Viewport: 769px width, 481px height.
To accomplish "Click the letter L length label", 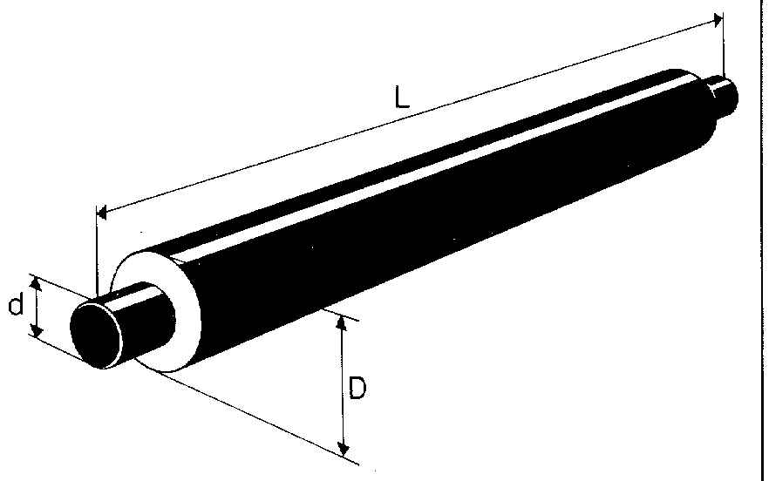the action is (x=402, y=98).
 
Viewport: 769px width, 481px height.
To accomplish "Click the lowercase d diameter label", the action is (x=16, y=305).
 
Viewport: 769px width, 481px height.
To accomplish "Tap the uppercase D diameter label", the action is (x=357, y=388).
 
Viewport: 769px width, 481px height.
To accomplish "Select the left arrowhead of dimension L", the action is (x=101, y=213).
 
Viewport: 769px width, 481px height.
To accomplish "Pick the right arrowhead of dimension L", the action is (x=718, y=20).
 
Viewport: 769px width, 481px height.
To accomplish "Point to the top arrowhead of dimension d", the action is (x=34, y=283).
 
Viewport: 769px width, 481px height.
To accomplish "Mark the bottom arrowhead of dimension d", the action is (x=34, y=330).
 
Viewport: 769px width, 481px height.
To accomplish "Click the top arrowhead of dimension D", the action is (x=342, y=323).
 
